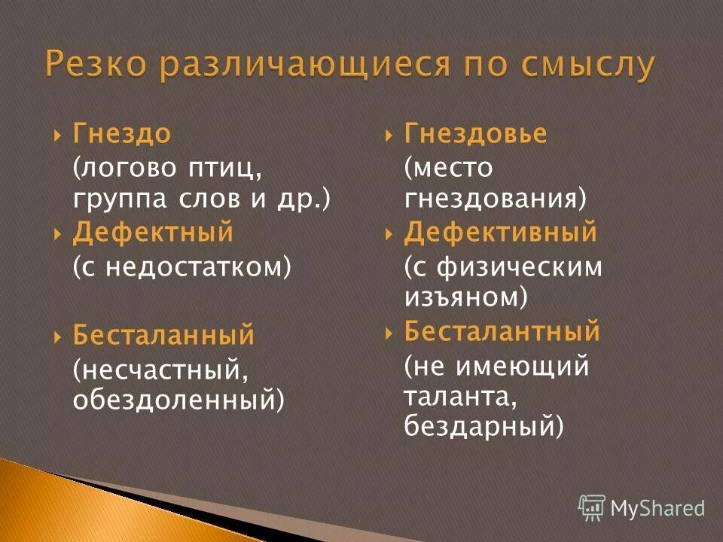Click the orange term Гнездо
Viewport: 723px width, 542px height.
point(122,135)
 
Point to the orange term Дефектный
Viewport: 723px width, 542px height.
point(153,233)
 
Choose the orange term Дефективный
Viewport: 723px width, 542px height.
point(500,233)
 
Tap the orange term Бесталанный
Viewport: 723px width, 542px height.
point(163,335)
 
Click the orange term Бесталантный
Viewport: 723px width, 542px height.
point(502,331)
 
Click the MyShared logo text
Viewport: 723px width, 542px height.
point(657,508)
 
